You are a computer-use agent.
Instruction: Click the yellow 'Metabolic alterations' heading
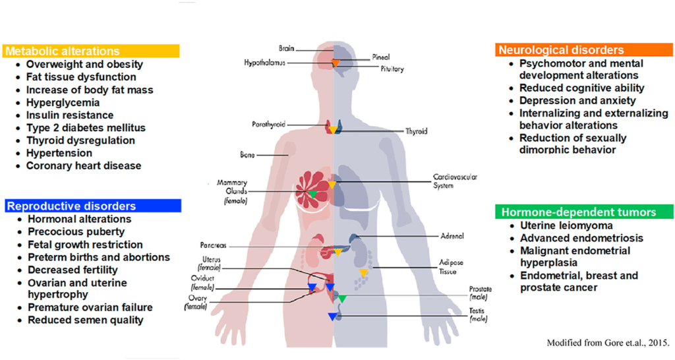(63, 51)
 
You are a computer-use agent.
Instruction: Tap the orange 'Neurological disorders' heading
(561, 50)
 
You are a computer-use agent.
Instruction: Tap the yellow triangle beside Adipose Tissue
(363, 272)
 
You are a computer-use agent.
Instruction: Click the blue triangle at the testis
(332, 316)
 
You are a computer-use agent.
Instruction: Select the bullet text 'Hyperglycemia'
(63, 102)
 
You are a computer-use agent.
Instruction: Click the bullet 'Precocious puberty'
(76, 231)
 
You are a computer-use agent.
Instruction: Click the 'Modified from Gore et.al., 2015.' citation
(608, 343)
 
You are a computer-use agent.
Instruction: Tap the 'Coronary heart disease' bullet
(83, 165)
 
